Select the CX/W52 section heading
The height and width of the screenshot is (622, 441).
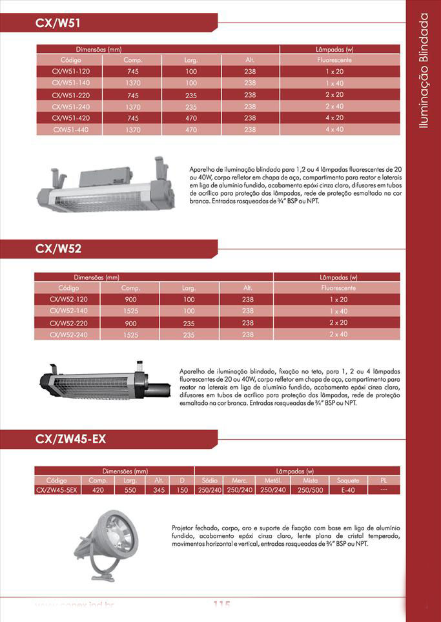pyautogui.click(x=58, y=249)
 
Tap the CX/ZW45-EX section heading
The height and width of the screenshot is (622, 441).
pyautogui.click(x=70, y=440)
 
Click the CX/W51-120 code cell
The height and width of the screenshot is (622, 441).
pyautogui.click(x=71, y=71)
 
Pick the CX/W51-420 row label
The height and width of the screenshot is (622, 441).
pyautogui.click(x=71, y=118)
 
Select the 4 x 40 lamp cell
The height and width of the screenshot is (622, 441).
pyautogui.click(x=334, y=130)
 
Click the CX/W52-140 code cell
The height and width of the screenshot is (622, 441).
pyautogui.click(x=68, y=311)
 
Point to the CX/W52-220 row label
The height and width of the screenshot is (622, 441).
pyautogui.click(x=68, y=323)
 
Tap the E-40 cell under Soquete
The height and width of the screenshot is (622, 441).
pyautogui.click(x=347, y=490)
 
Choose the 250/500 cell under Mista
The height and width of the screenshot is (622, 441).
pyautogui.click(x=310, y=490)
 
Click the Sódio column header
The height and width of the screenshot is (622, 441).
pyautogui.click(x=209, y=481)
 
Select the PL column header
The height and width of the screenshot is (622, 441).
pyautogui.click(x=384, y=481)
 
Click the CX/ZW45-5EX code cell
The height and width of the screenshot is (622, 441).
pyautogui.click(x=57, y=490)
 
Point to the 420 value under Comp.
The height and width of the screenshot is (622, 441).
pyautogui.click(x=98, y=490)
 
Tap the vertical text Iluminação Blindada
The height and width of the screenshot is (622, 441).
pyautogui.click(x=424, y=71)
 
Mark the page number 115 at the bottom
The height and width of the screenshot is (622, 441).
pyautogui.click(x=221, y=605)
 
